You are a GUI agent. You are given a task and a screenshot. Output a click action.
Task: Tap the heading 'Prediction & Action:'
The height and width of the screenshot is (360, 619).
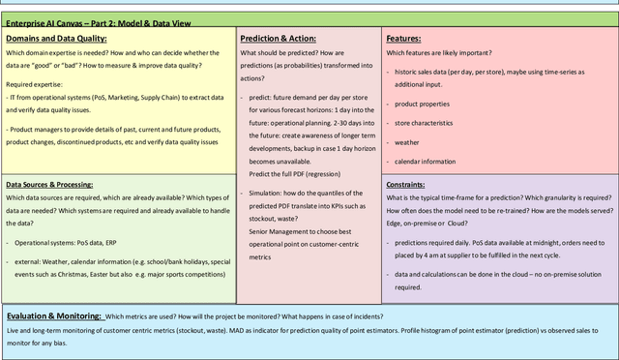tap(279, 37)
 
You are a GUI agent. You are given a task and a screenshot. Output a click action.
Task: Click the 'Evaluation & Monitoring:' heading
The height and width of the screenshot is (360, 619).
tap(53, 316)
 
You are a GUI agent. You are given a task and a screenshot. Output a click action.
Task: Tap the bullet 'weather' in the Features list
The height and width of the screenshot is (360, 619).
tap(408, 143)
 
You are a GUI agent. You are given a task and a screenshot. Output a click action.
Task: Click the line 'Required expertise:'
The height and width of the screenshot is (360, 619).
tap(36, 85)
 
